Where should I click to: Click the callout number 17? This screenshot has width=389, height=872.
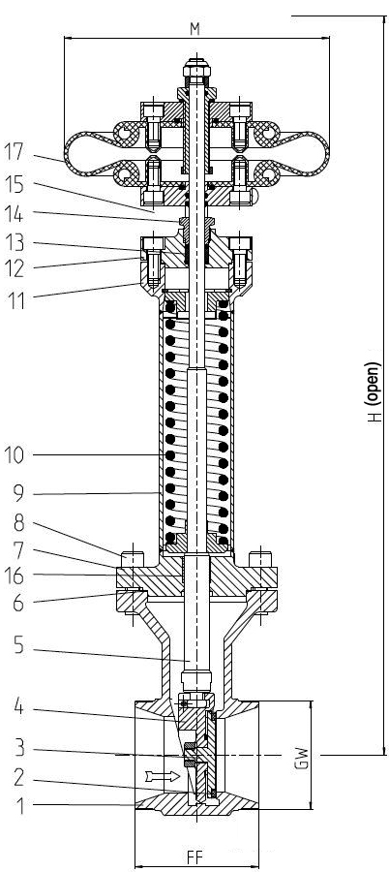(15, 152)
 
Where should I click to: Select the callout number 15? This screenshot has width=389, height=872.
(15, 184)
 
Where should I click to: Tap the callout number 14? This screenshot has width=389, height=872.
(15, 213)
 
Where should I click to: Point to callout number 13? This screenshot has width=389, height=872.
(15, 242)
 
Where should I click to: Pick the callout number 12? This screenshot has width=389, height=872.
(15, 269)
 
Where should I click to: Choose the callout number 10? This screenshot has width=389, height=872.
(15, 455)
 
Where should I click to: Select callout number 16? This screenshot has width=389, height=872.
(15, 576)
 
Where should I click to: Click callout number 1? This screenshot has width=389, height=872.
(20, 806)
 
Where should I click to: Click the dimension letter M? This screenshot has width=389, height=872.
(194, 29)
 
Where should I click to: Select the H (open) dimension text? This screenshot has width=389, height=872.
(376, 392)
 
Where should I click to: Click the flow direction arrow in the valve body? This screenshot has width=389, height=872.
(163, 775)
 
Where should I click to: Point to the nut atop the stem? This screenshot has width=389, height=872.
(196, 69)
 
